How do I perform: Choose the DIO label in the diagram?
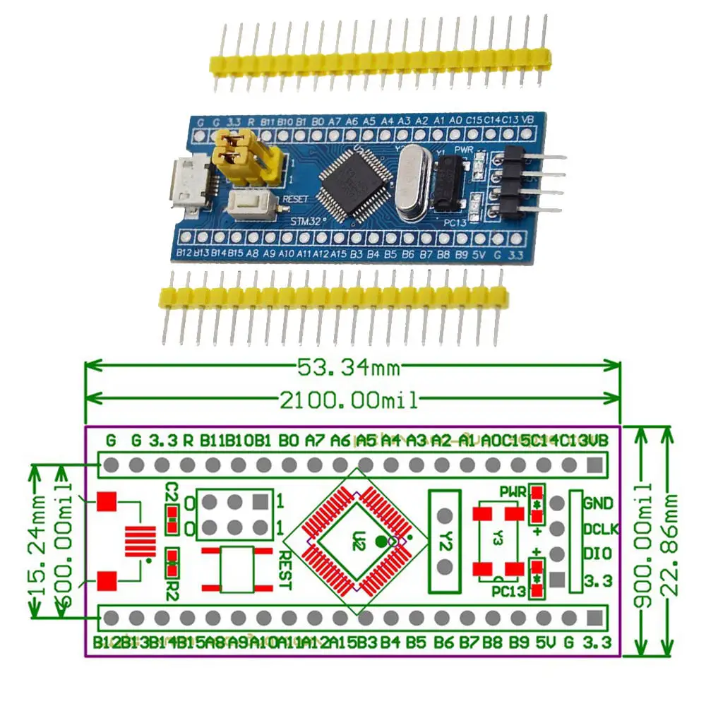597,555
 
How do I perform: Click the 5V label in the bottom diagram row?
544,643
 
